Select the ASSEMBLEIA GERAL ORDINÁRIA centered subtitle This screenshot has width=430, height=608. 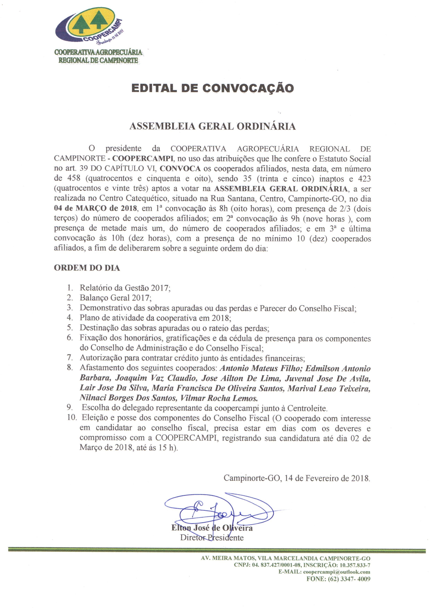pyautogui.click(x=212, y=126)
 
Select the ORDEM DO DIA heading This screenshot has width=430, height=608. pyautogui.click(x=87, y=268)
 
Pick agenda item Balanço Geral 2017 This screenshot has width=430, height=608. pyautogui.click(x=115, y=298)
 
